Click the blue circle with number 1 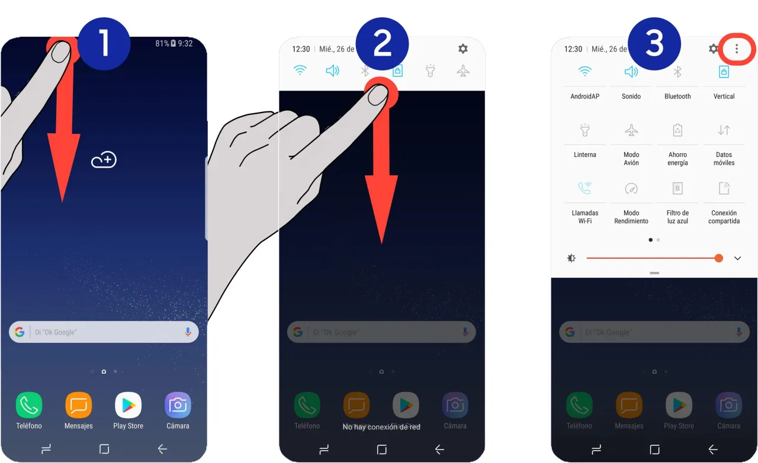[x=104, y=44]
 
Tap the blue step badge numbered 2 [x=383, y=44]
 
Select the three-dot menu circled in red [x=736, y=49]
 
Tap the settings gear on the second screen [x=463, y=49]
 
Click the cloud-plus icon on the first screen [x=104, y=160]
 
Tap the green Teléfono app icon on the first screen [x=29, y=405]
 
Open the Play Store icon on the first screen [x=128, y=405]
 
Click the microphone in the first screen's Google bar [x=188, y=332]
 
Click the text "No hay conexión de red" [x=381, y=427]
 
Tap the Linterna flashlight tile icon [x=584, y=130]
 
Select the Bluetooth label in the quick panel [x=677, y=97]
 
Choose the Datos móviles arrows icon [x=724, y=130]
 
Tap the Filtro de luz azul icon [x=677, y=188]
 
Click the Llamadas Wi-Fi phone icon [x=584, y=188]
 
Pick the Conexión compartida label [x=724, y=217]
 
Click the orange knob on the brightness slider [x=718, y=258]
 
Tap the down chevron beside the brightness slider [x=737, y=259]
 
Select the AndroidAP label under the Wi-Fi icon [x=584, y=97]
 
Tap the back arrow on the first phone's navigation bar [x=162, y=449]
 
